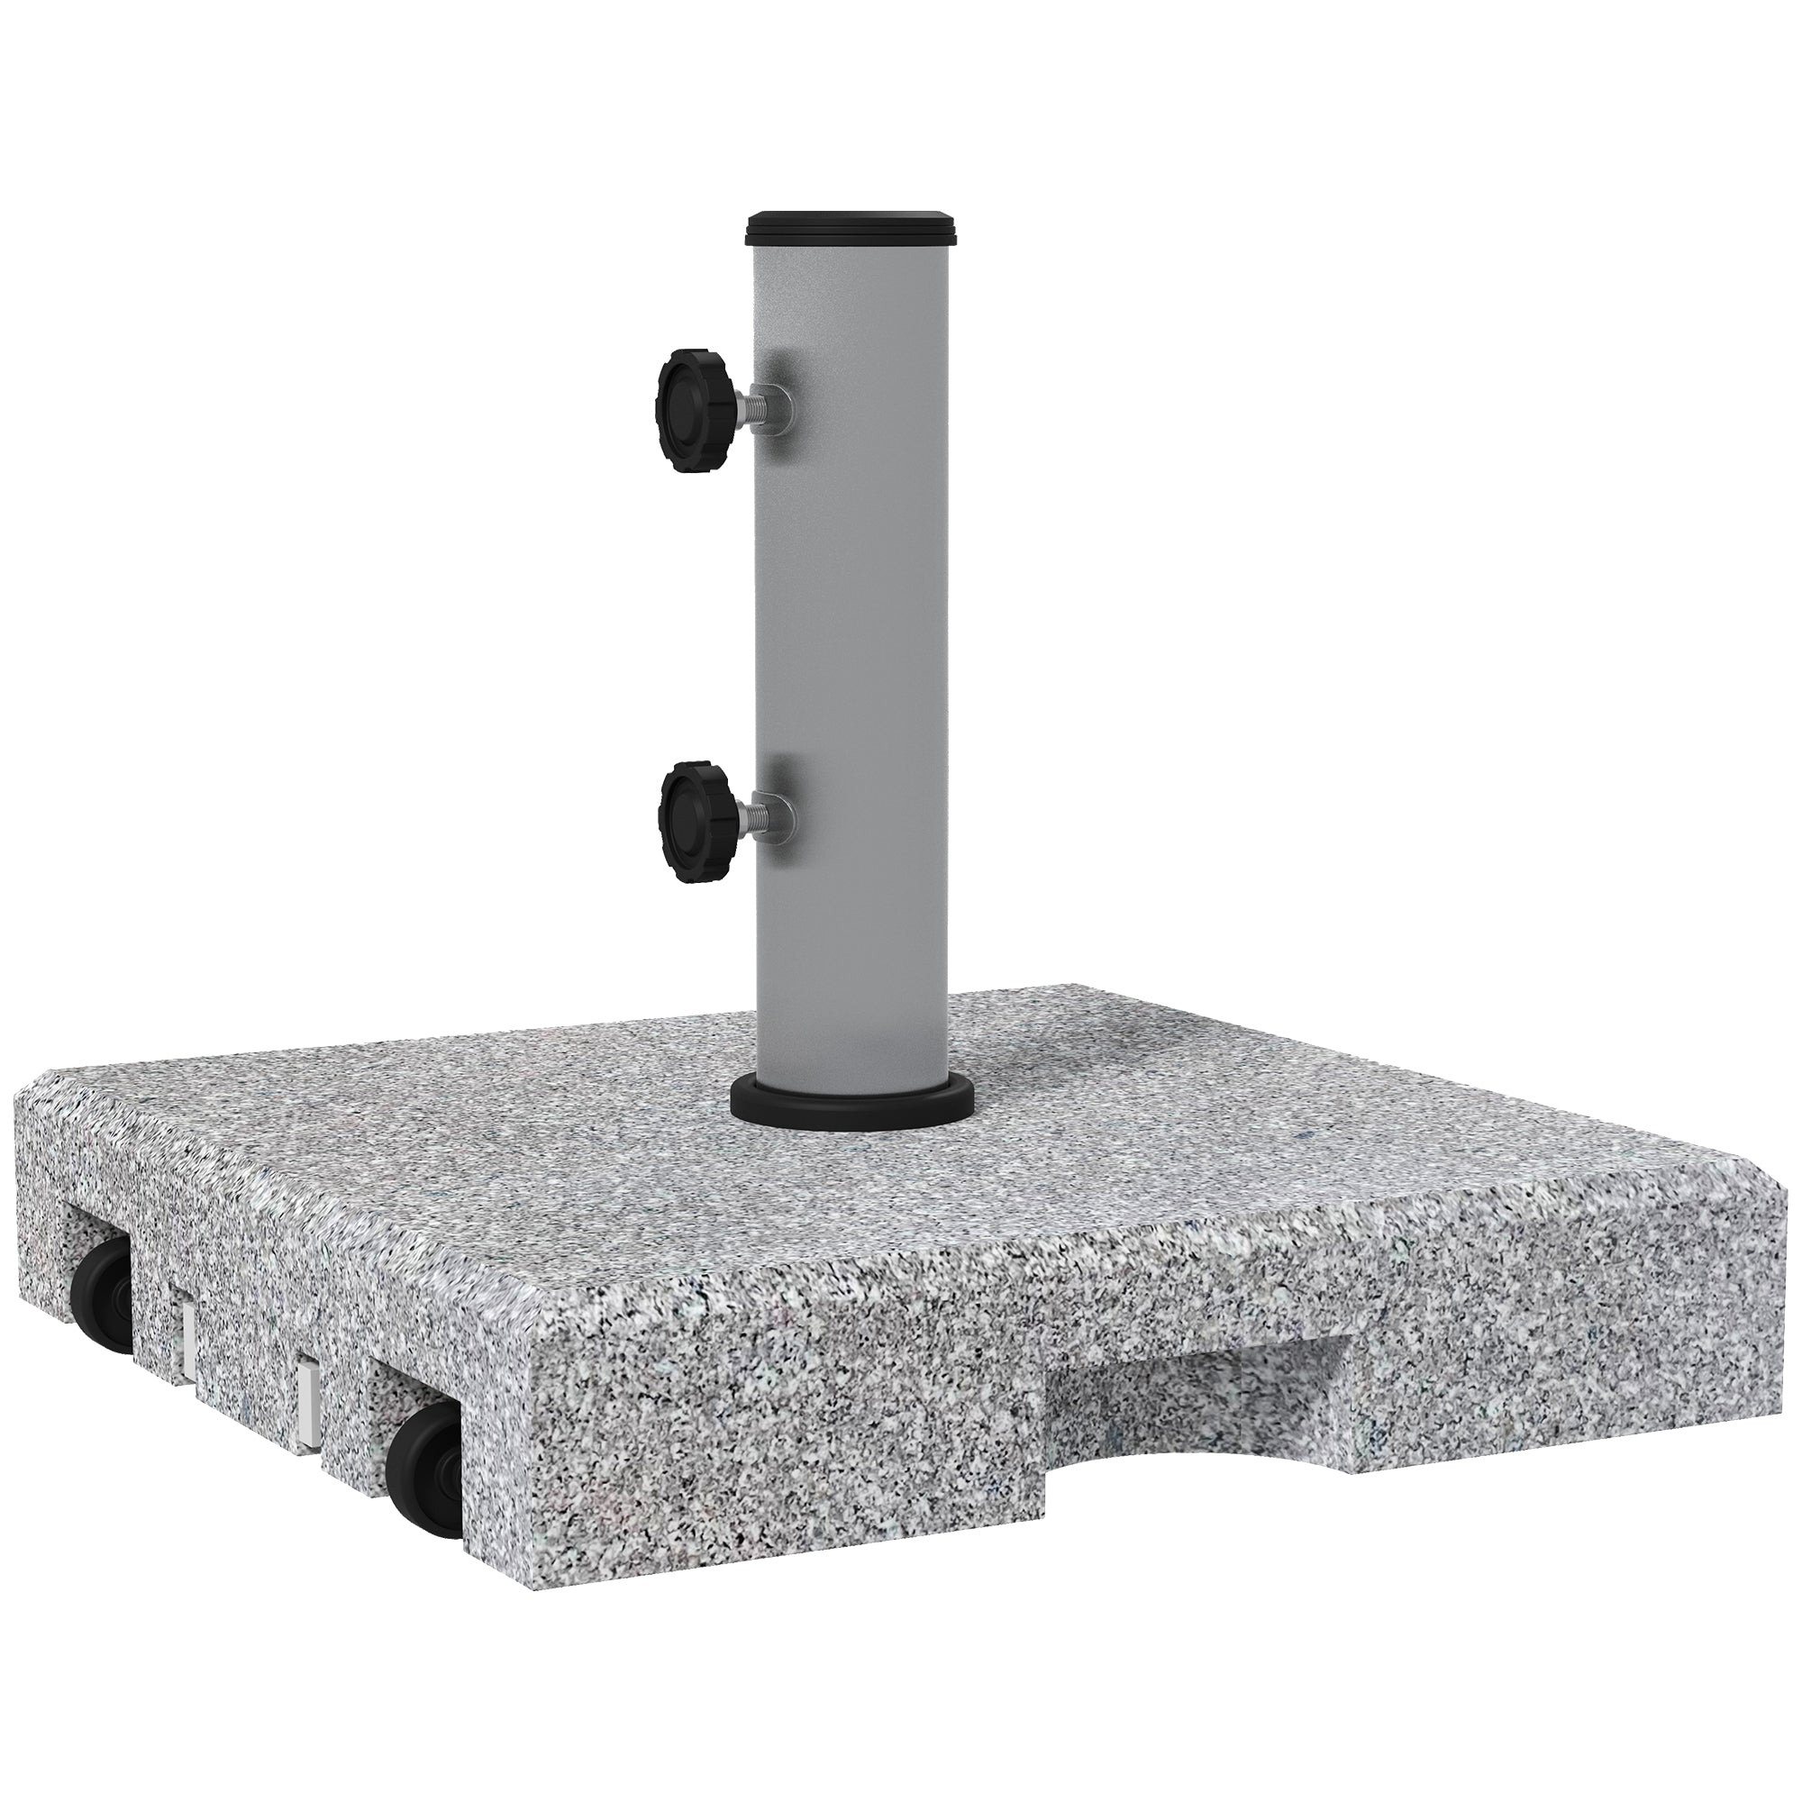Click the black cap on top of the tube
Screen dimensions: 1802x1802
851,252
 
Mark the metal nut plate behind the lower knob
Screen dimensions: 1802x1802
785,805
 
